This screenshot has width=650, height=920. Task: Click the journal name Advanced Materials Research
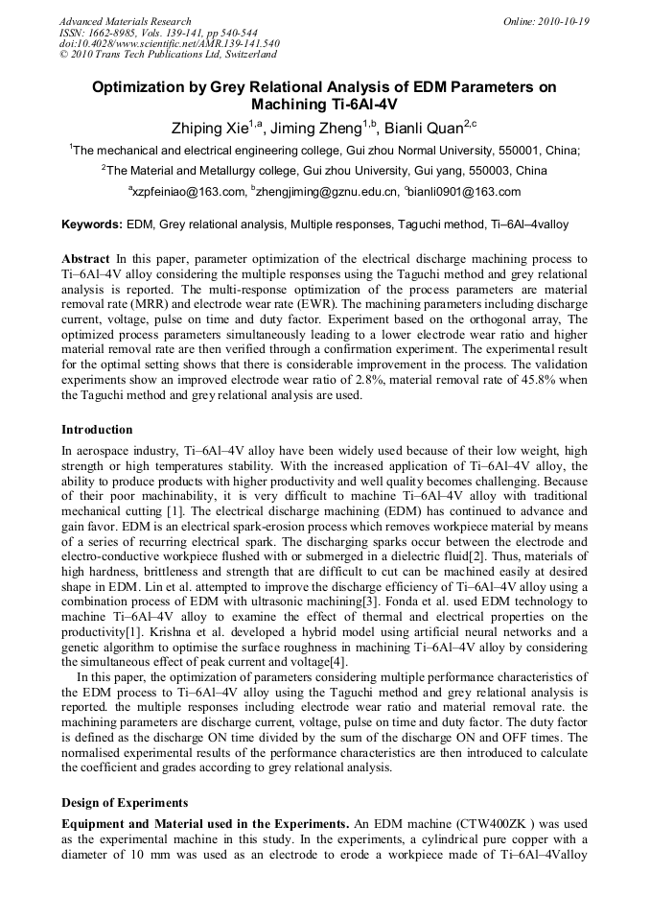coord(125,21)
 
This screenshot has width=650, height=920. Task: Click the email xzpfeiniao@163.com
coord(189,192)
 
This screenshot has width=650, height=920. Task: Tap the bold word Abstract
coord(85,259)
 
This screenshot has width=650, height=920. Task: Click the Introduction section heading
coord(97,429)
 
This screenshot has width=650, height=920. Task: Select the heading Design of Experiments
coord(125,802)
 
